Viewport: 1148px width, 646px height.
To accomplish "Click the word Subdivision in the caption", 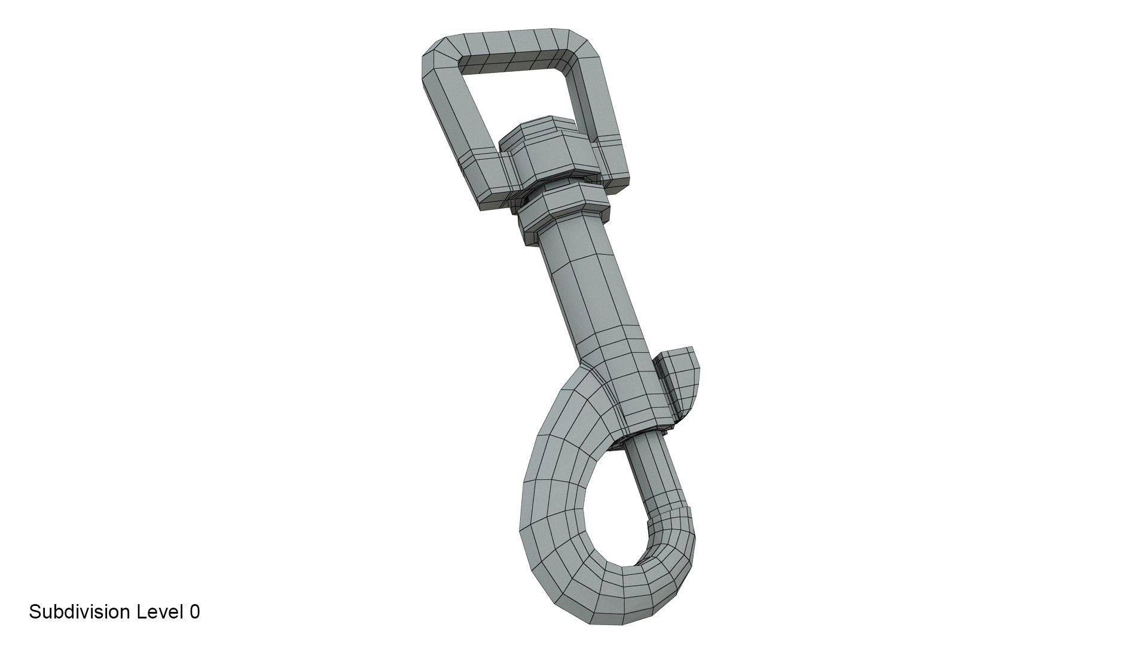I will pyautogui.click(x=80, y=612).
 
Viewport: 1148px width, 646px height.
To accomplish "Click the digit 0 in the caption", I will pyautogui.click(x=194, y=612).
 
